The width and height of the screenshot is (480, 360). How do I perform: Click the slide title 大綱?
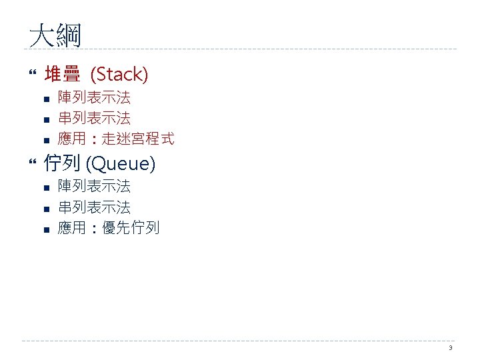pos(55,35)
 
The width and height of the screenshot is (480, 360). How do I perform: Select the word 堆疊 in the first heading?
pos(61,74)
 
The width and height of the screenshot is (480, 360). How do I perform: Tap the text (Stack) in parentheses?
pos(119,74)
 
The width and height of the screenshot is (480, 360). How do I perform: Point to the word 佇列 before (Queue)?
pos(62,162)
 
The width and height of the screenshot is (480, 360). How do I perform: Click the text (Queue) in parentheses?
pos(121,162)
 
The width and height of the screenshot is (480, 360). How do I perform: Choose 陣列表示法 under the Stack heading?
pos(94,97)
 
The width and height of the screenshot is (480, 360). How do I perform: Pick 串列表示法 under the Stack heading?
pos(94,118)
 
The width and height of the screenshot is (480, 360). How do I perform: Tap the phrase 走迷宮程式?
pos(138,139)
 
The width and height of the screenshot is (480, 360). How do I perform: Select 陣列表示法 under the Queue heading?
pos(94,186)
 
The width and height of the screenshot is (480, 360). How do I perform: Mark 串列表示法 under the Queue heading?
pos(94,207)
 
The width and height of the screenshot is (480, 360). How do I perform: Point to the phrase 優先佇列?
pos(131,228)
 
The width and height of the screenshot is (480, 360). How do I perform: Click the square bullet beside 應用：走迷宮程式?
pos(46,140)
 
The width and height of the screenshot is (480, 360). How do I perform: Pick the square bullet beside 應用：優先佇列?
pos(46,229)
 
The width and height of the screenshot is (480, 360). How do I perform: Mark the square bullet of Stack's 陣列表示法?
pos(46,99)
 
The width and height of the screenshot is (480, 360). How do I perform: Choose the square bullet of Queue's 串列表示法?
pos(46,209)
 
